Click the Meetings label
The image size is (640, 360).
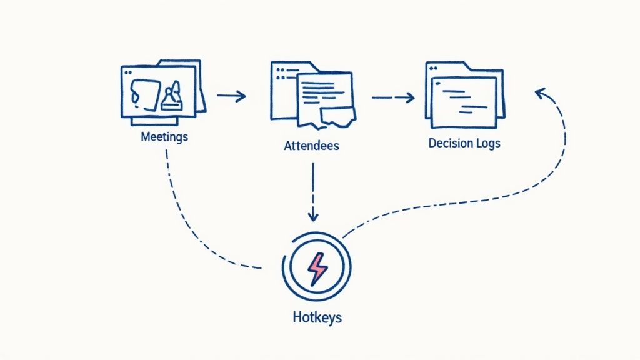(164, 136)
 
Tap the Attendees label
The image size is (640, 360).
(311, 146)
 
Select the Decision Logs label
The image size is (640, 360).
(464, 143)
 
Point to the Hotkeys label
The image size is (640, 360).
(317, 317)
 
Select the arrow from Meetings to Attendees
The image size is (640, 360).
(231, 96)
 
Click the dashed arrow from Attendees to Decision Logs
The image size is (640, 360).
(393, 97)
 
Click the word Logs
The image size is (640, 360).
(487, 143)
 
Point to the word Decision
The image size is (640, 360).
(450, 143)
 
